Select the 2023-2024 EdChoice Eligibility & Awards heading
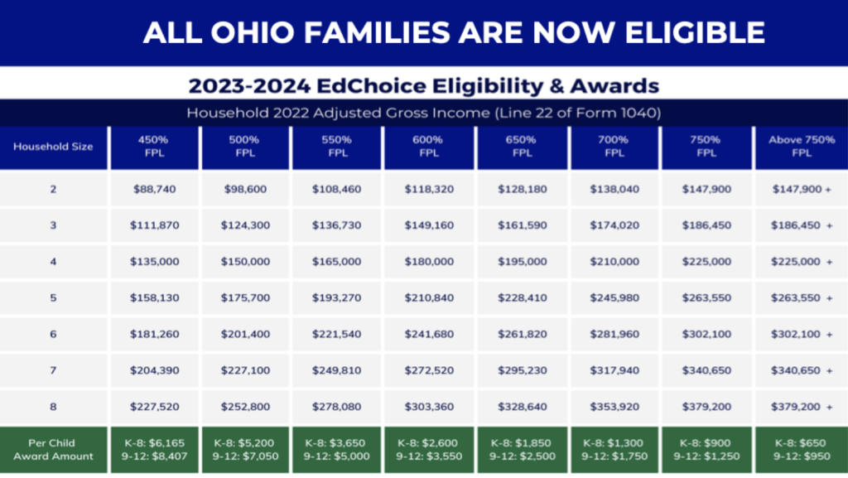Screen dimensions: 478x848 click(x=423, y=85)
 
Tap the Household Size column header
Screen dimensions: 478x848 click(x=53, y=147)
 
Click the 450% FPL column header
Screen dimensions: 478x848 click(x=154, y=147)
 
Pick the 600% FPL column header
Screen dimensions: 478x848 click(x=429, y=147)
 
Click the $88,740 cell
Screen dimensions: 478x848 click(x=154, y=190)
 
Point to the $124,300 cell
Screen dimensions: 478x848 click(x=245, y=226)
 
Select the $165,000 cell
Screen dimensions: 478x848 click(x=337, y=262)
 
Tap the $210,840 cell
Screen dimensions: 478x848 click(x=429, y=298)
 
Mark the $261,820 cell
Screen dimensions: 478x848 click(x=522, y=335)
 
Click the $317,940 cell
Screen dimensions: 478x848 click(x=614, y=371)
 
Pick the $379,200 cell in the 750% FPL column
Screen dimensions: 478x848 click(x=706, y=408)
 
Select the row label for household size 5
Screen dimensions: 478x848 click(x=53, y=298)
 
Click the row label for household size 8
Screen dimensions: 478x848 click(x=53, y=408)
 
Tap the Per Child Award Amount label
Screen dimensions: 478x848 click(x=53, y=450)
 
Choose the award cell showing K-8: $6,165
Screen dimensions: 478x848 click(x=154, y=450)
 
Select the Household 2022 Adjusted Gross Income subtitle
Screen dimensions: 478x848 click(x=423, y=113)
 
